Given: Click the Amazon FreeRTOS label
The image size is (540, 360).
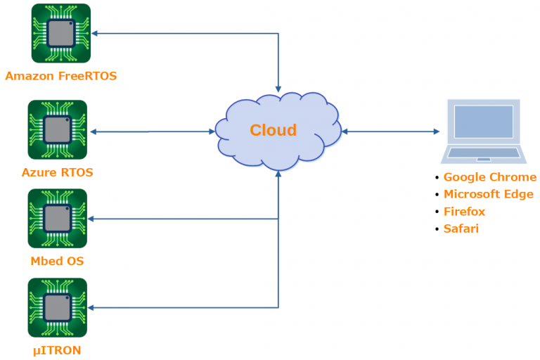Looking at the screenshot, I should [60, 75].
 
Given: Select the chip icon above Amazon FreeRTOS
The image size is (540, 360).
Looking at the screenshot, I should [60, 33].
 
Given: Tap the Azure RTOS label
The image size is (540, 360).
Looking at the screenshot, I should [57, 172].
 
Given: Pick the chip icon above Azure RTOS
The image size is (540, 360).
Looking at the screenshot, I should [57, 129].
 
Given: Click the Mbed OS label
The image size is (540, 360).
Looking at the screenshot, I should [57, 262].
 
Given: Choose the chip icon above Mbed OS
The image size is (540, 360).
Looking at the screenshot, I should [57, 219].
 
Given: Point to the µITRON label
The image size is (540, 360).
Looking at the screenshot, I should [57, 349].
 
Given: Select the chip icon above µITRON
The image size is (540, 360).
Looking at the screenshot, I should [57, 307].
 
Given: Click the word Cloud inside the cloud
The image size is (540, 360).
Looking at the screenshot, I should [274, 130].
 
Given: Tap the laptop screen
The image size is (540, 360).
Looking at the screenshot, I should [483, 121].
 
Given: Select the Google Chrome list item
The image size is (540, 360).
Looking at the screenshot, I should [489, 177].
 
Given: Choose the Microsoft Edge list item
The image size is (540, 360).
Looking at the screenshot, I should [488, 194].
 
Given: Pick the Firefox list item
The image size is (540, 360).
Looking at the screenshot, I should [464, 212].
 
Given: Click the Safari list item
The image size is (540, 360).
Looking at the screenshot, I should [461, 229].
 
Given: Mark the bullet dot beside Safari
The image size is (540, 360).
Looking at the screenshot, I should [437, 229].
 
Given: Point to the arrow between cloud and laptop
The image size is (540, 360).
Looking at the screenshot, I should [390, 131].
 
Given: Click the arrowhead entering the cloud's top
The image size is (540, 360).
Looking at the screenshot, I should [278, 89].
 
